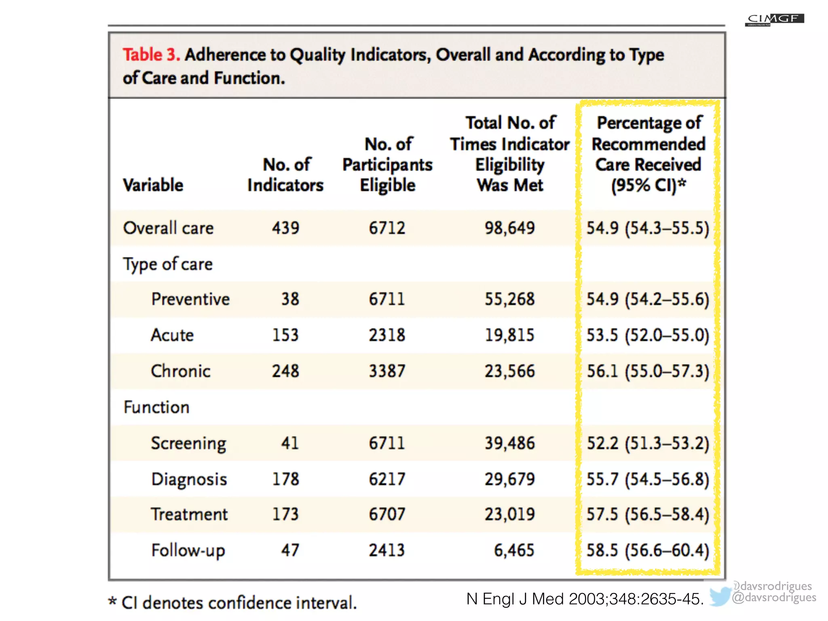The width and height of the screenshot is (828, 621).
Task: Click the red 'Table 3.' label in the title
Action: tap(151, 55)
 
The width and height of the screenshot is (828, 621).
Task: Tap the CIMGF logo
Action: tap(774, 19)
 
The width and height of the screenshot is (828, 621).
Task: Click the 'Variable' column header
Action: tap(153, 185)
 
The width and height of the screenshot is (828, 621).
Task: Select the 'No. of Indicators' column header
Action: tap(285, 175)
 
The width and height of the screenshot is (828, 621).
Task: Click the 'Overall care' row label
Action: tap(168, 228)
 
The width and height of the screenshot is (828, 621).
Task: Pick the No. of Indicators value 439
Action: tap(285, 228)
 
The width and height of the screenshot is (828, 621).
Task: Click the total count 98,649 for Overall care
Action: tap(509, 228)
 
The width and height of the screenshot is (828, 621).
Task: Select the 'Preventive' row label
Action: tap(190, 299)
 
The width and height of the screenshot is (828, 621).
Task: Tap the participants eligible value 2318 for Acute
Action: tap(387, 335)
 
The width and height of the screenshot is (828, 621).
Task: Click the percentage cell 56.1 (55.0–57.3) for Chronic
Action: tap(648, 371)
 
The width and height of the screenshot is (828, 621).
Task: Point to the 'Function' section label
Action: tap(156, 407)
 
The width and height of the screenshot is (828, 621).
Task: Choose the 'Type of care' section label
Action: tap(168, 264)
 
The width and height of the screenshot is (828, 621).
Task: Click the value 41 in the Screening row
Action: tap(290, 443)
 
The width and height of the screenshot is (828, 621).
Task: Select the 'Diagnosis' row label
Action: tap(189, 479)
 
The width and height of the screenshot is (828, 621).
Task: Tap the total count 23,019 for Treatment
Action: tap(509, 514)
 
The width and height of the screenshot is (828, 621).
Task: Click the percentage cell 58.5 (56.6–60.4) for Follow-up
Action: tap(648, 550)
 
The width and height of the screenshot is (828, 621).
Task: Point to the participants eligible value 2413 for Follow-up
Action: tap(387, 550)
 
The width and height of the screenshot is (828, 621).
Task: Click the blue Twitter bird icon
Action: tap(720, 596)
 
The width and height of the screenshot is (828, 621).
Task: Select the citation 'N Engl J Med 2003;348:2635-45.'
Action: tap(585, 599)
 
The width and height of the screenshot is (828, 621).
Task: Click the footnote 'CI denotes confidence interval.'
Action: tap(239, 603)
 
